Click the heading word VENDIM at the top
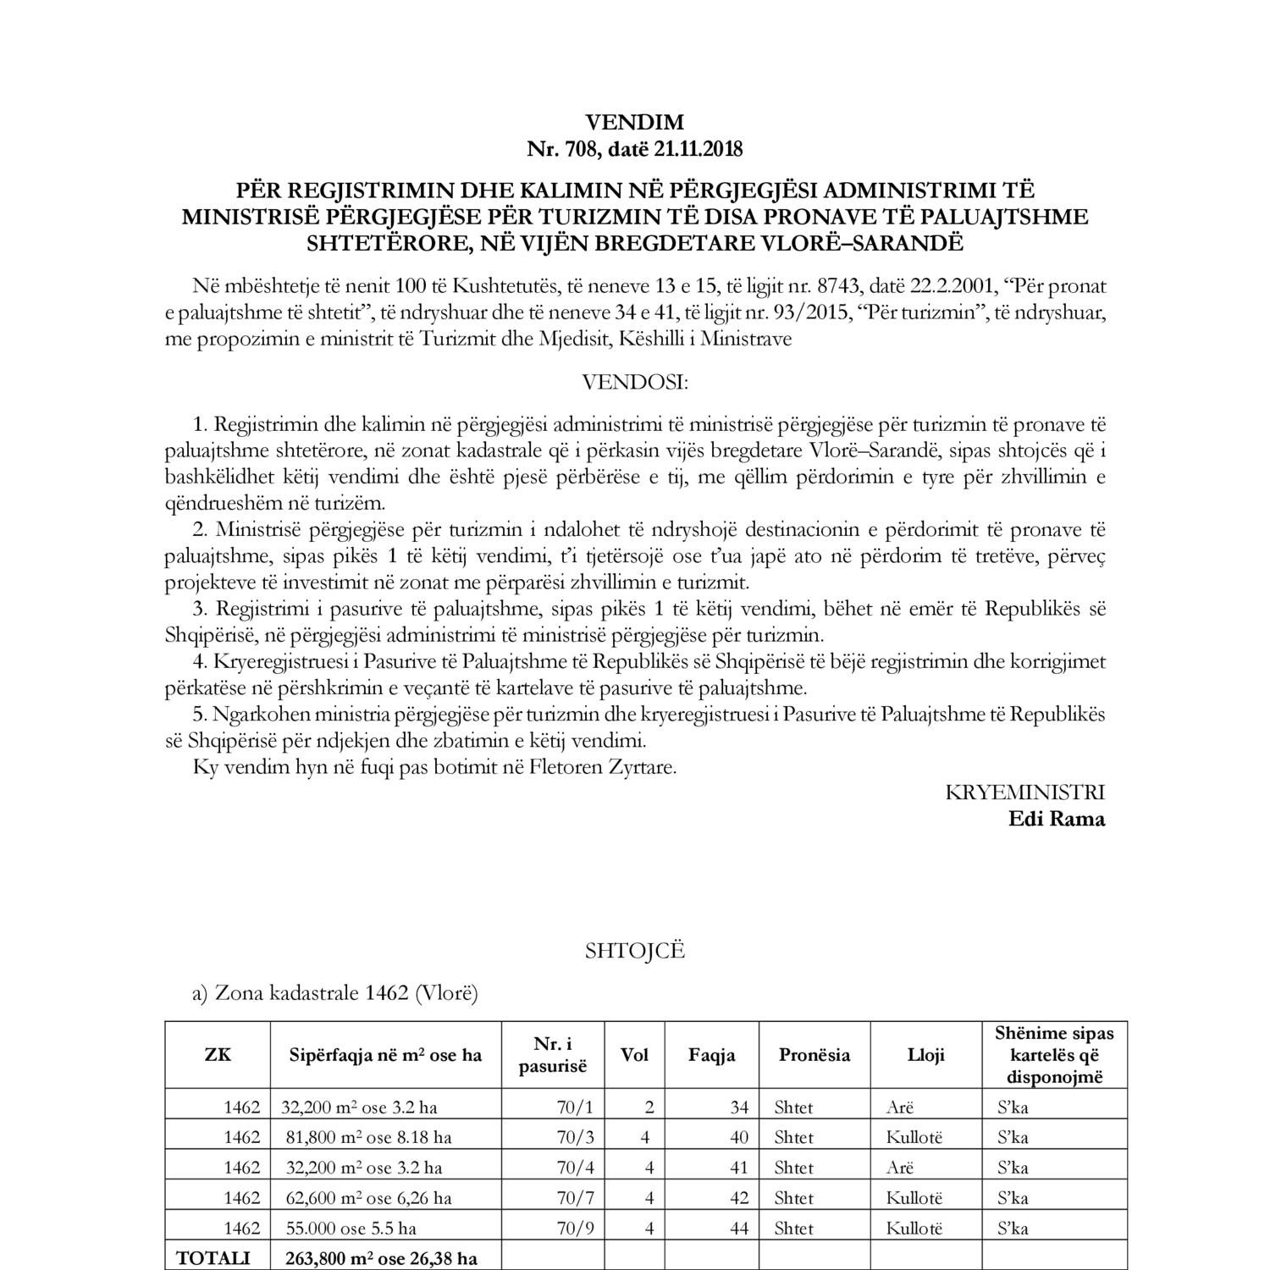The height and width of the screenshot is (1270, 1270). point(634,124)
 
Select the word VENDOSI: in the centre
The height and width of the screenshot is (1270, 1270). point(635,382)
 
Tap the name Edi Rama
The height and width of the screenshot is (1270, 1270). point(1057,819)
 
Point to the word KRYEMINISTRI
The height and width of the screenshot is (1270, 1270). point(1024,792)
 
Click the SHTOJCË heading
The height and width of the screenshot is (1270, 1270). point(635,951)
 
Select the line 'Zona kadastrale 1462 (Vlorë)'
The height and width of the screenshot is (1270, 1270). point(335,993)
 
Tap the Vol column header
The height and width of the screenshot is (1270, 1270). point(635,1055)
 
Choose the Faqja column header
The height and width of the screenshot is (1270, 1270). point(712,1055)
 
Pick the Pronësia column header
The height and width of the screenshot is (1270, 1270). point(814,1055)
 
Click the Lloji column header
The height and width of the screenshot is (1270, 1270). point(925,1055)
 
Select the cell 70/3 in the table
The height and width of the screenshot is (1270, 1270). point(576,1137)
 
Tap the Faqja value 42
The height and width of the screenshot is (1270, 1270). point(738,1198)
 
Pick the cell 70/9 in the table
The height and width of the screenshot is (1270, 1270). point(576,1229)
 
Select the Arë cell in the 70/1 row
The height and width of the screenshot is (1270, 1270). point(900,1107)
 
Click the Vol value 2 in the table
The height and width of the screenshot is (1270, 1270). point(649,1107)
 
